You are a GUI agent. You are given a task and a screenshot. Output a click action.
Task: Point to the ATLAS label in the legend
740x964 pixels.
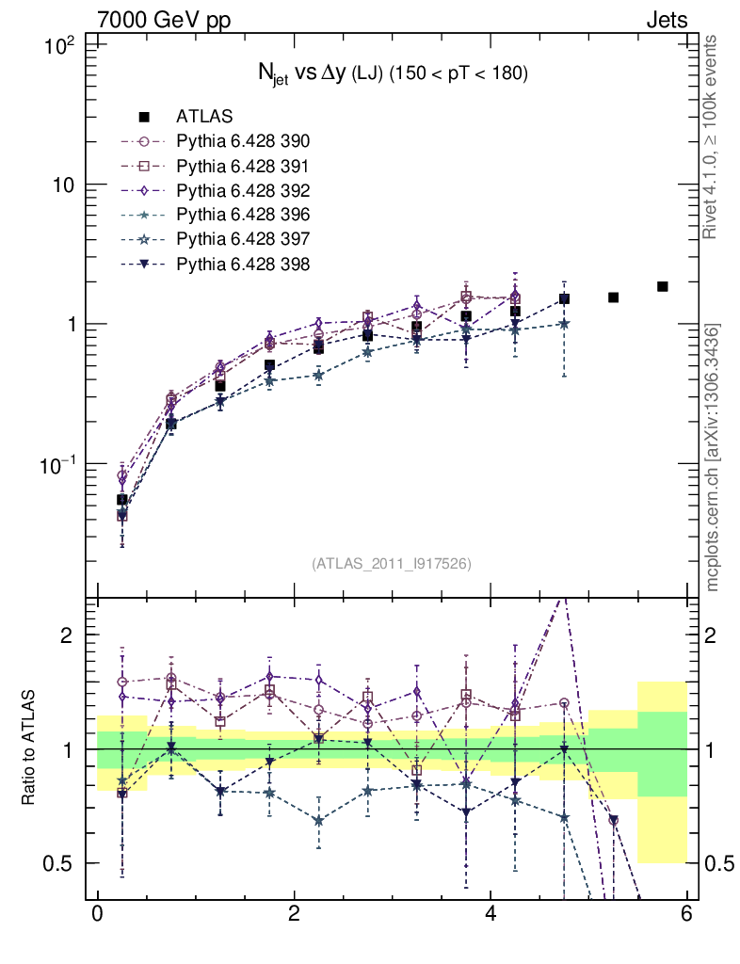click(x=204, y=117)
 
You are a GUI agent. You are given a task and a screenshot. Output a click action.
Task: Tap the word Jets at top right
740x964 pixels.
click(x=666, y=19)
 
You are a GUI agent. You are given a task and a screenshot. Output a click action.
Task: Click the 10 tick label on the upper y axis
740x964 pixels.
click(x=62, y=185)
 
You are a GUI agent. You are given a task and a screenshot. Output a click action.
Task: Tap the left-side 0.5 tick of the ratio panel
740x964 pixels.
click(x=61, y=863)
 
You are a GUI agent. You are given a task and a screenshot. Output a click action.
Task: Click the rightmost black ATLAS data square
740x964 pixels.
click(x=663, y=286)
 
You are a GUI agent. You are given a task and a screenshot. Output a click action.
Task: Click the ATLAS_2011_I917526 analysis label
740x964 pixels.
click(x=392, y=563)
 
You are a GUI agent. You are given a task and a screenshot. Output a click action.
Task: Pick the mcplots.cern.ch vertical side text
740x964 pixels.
click(x=715, y=458)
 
